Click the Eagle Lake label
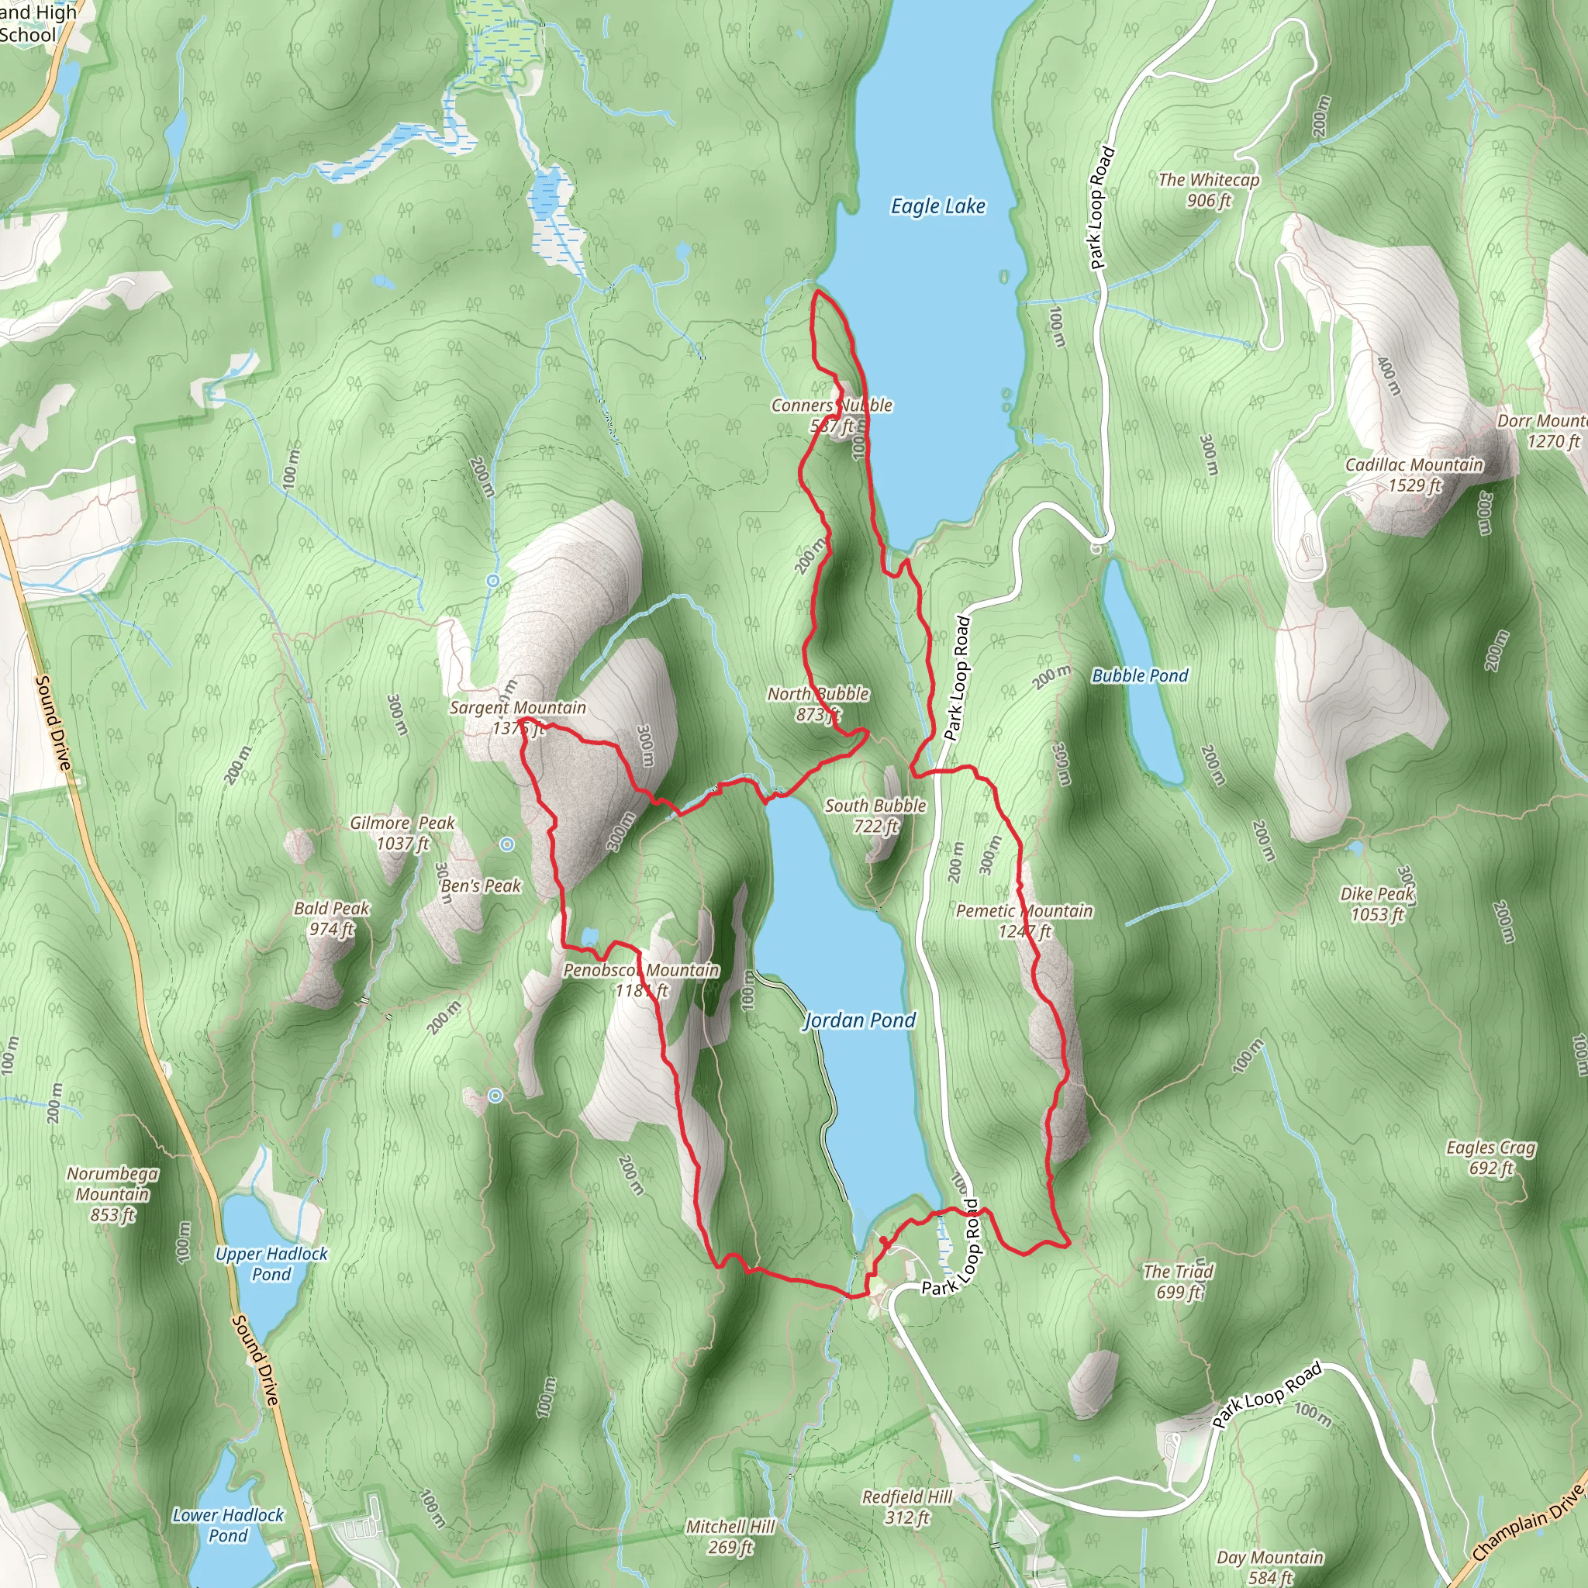pos(938,206)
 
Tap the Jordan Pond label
pos(859,1021)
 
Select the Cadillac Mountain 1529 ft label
pos(1414,475)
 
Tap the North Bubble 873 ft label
pos(818,703)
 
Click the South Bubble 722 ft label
pos(875,816)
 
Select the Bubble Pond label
pos(1139,675)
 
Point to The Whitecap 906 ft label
pos(1208,190)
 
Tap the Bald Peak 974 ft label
pos(331,918)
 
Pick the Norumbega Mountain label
pos(112,1193)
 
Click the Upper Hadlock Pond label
pos(271,1264)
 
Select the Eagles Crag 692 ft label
pos(1490,1158)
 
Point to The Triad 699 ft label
pos(1178,1282)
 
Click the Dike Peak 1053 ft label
pos(1377,903)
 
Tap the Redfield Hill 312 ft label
pos(906,1507)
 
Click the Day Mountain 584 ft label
pos(1270,1566)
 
